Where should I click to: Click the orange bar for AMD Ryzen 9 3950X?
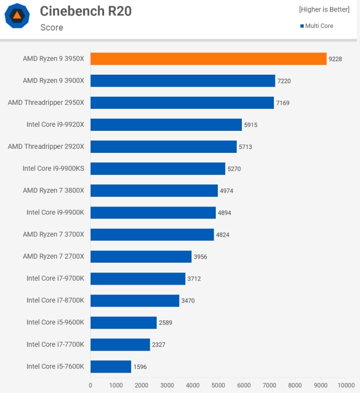point(208,59)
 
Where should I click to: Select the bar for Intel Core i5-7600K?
point(111,366)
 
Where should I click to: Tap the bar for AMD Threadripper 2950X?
point(182,103)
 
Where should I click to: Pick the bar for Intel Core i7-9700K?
point(138,278)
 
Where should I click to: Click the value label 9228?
point(335,59)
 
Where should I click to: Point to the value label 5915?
point(250,125)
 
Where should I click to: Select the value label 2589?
point(165,323)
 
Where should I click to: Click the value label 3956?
point(200,257)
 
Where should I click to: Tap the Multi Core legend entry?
point(316,26)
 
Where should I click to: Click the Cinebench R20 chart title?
point(86,11)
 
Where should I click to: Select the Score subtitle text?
point(52,28)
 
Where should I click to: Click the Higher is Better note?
point(324,10)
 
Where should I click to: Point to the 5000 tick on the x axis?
point(218,385)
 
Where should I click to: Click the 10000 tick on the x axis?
point(346,385)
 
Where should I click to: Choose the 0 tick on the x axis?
point(91,385)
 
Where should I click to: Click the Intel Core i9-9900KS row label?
point(53,168)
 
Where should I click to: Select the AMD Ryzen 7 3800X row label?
point(54,190)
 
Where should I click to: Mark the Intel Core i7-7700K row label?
point(55,344)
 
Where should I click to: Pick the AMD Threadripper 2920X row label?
point(46,146)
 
